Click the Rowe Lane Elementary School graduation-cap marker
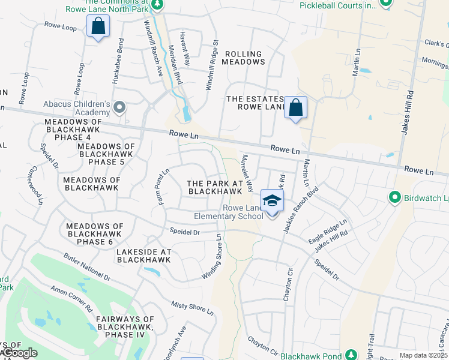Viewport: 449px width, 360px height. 272,200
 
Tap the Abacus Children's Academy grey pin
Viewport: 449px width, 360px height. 119,108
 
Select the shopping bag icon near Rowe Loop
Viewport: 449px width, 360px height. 98,27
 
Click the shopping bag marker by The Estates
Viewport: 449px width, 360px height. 295,108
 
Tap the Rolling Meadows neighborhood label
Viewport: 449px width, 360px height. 244,58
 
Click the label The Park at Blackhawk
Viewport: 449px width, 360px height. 214,187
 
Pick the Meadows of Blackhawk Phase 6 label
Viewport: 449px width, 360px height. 95,233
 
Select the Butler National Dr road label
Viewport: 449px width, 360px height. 87,267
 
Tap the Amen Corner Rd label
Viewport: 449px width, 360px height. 71,297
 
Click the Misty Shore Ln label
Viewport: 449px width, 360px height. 192,308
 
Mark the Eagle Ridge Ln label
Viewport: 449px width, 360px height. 328,232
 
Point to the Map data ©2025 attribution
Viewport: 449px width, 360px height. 423,355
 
